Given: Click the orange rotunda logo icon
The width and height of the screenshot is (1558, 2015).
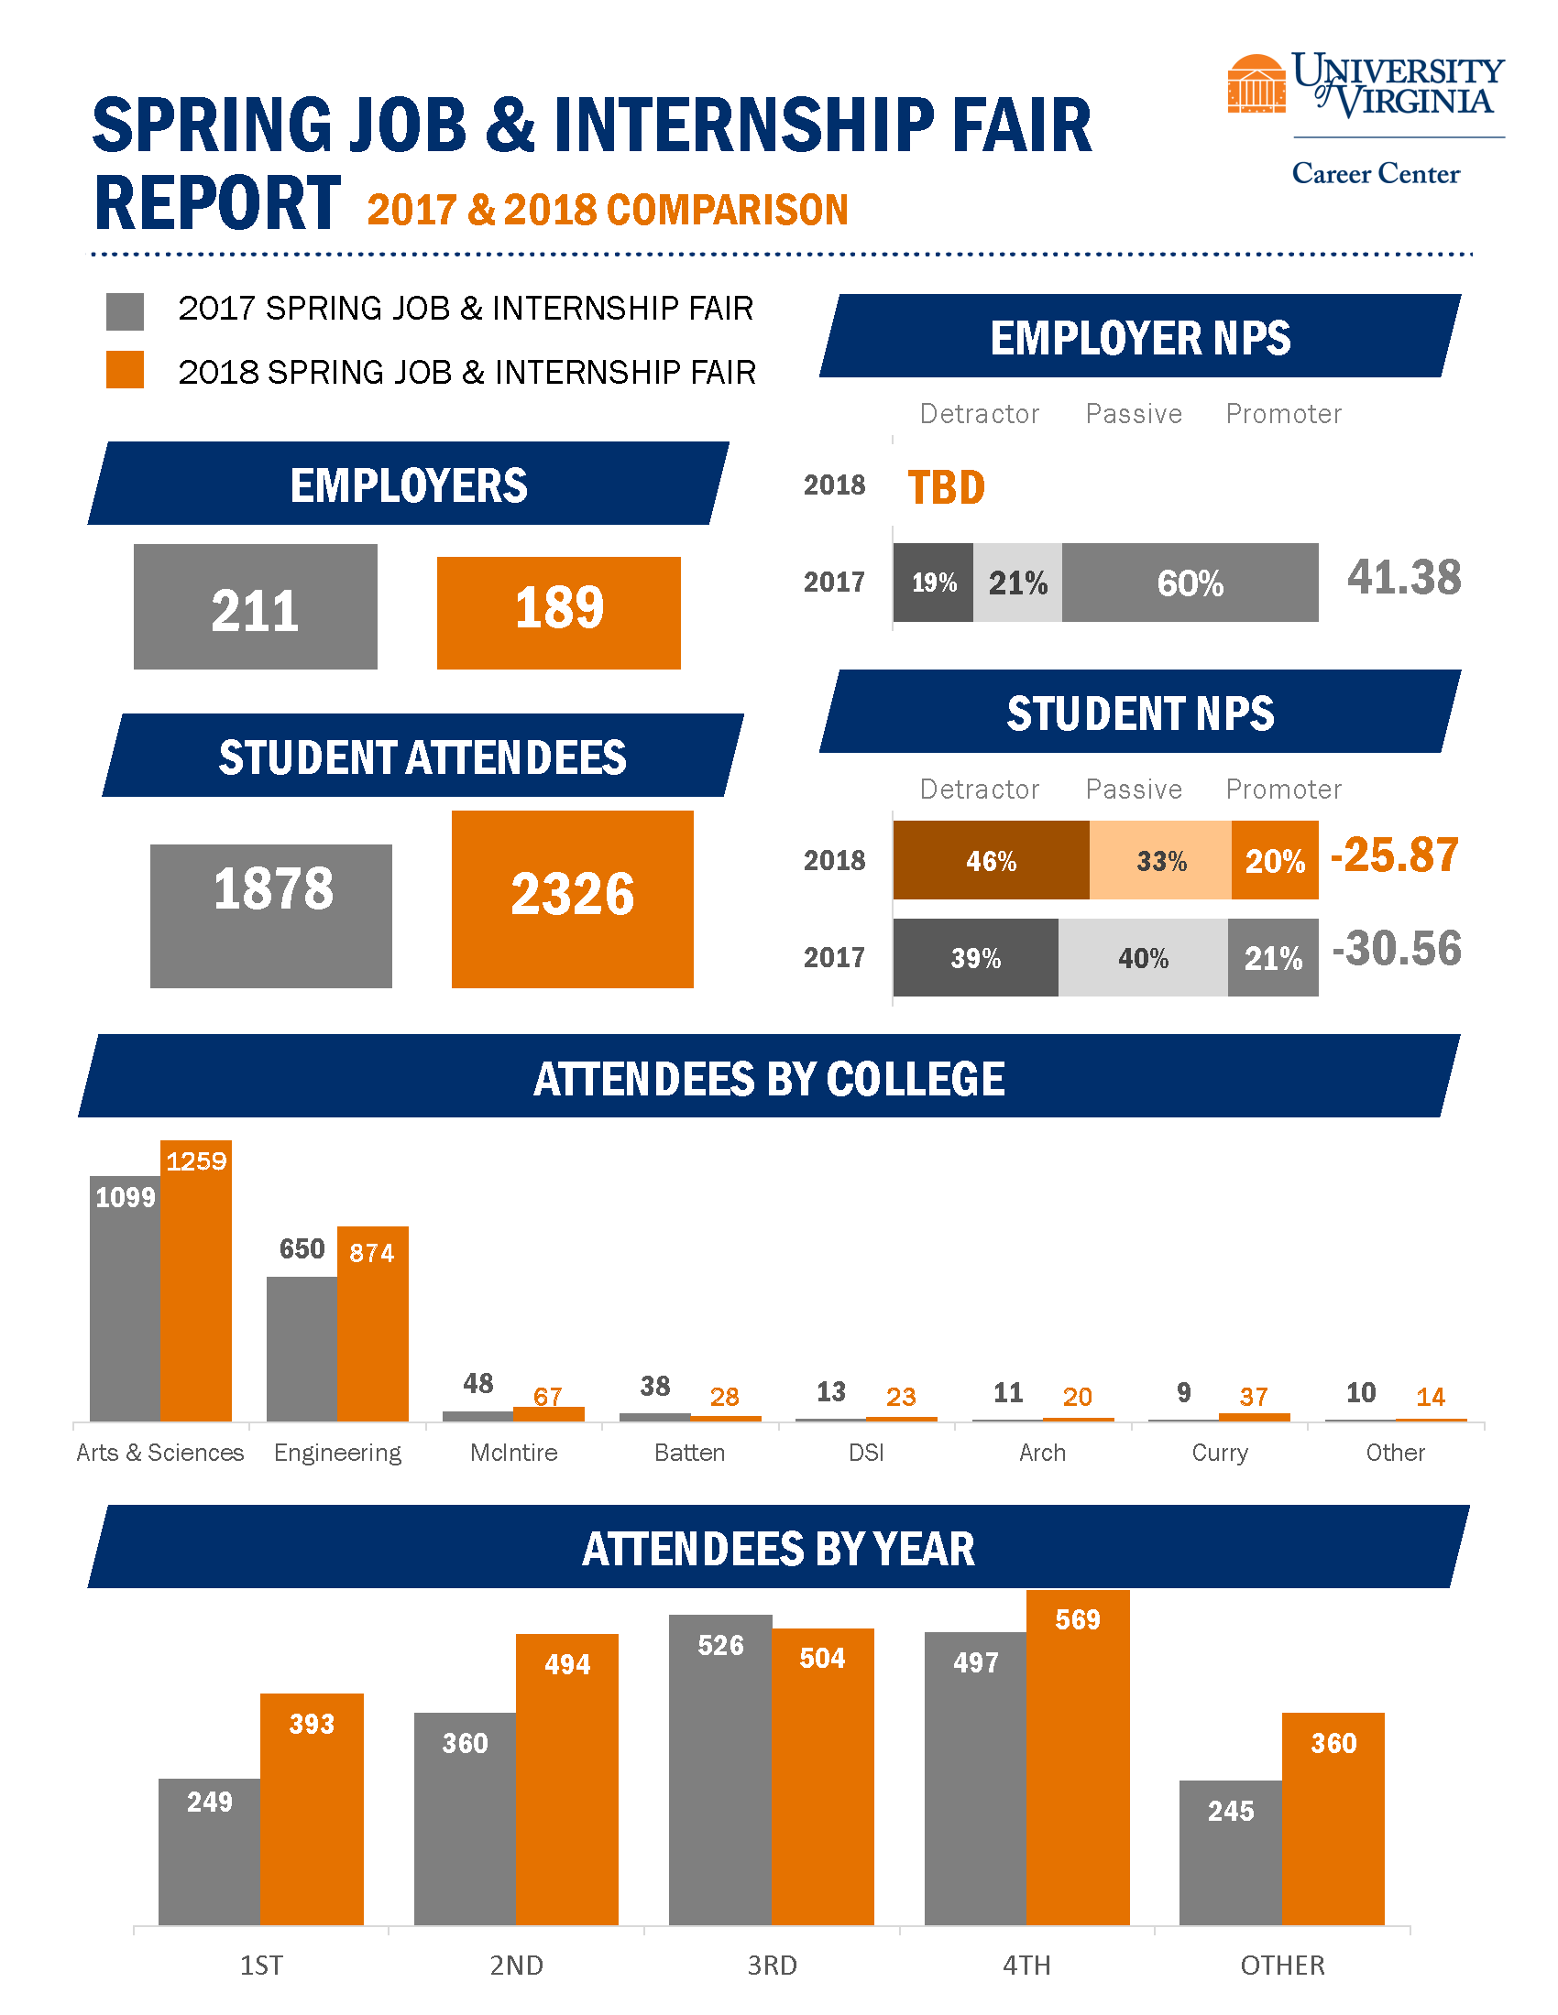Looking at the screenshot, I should pos(1256,84).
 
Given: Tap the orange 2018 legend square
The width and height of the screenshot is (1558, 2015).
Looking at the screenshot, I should pos(125,369).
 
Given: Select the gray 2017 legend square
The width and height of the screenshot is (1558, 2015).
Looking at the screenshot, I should pos(125,311).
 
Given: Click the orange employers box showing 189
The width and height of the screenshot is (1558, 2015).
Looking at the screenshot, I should pos(558,612).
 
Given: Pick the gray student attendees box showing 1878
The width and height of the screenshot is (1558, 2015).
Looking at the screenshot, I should pos(270,915).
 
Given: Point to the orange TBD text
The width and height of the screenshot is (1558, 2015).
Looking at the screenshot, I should pos(946,487).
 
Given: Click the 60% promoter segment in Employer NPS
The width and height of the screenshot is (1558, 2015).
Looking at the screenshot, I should pos(1190,583).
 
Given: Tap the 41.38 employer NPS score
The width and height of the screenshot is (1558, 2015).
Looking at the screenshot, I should pos(1403,578).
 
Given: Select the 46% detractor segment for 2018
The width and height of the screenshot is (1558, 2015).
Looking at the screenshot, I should pos(991,860).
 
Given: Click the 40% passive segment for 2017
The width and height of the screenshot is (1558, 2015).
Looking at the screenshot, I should pos(1143,958).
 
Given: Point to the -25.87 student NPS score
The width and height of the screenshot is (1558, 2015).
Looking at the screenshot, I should pos(1394,855).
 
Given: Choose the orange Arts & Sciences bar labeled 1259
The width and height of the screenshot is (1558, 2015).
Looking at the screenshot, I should pos(196,1291).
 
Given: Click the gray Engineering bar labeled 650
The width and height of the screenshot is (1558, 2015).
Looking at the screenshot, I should pos(302,1347).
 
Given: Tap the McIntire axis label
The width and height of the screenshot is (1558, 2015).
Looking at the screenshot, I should pos(513,1453).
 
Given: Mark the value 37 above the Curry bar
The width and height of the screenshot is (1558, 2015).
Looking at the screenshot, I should pos(1254,1396).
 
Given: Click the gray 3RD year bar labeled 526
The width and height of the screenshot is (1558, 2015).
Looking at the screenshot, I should pos(720,1771).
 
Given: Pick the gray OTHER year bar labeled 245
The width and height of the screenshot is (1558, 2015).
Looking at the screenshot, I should pos(1230,1855).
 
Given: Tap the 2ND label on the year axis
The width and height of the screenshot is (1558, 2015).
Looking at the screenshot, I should pos(516,1966).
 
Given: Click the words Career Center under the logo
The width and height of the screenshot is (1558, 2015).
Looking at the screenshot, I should pos(1376,173).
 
